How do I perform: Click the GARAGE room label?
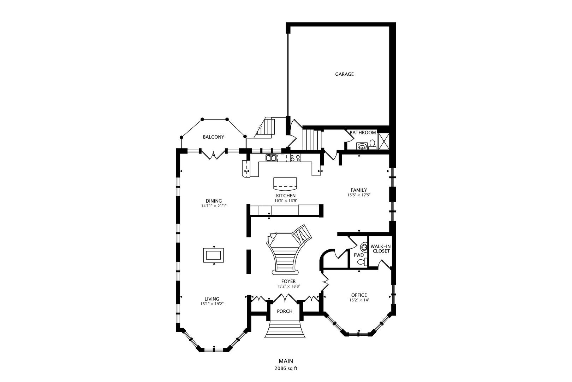click(x=344, y=74)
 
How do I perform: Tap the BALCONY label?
click(x=213, y=137)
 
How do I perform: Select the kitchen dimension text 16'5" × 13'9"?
click(x=286, y=201)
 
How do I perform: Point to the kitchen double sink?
click(x=271, y=158)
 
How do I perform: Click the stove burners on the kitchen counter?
click(x=295, y=158)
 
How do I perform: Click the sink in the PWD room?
click(x=364, y=247)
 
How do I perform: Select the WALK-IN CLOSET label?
click(x=380, y=249)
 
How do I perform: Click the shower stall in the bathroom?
click(x=383, y=141)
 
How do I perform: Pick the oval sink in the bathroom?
click(x=362, y=145)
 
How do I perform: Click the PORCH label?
click(x=285, y=312)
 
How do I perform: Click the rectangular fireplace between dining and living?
click(x=213, y=255)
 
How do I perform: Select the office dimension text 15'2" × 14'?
click(x=359, y=300)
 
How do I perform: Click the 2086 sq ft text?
click(x=286, y=368)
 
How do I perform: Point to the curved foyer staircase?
click(x=285, y=255)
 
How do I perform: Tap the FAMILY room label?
click(x=359, y=190)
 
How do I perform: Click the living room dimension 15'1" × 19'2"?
click(x=212, y=304)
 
